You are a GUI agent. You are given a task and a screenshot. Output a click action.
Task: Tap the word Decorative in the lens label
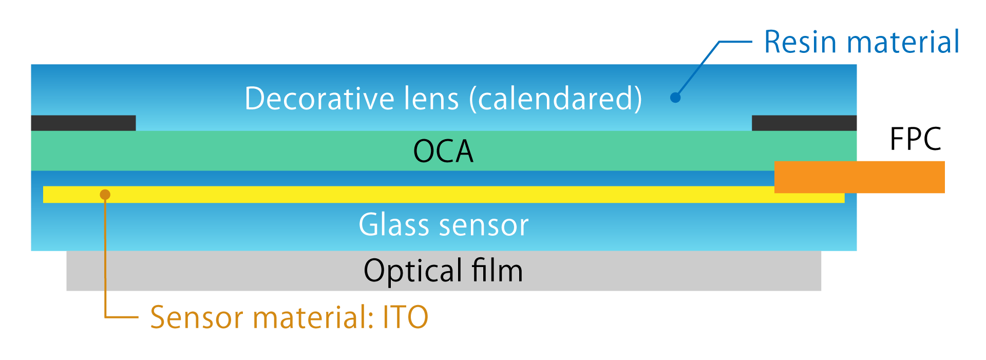pos(319,98)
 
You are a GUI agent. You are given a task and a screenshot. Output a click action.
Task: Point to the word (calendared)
pos(556,99)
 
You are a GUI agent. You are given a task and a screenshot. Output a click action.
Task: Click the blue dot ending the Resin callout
pos(675,98)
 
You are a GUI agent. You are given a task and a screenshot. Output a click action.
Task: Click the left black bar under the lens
pos(83,123)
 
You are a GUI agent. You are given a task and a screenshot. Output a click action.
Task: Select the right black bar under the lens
pos(804,123)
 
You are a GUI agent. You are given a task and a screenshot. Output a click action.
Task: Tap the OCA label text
pos(443,151)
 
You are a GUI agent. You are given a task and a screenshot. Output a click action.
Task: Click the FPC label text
pos(916,139)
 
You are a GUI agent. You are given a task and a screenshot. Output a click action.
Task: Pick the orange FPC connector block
pos(860,177)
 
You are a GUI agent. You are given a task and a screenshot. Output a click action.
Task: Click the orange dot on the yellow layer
pos(105,195)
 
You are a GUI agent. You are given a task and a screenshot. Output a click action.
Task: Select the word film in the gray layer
pos(497,270)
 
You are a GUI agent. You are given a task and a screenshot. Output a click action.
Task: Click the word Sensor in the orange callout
pos(197,317)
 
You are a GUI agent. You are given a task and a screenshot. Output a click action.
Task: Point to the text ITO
pos(406,317)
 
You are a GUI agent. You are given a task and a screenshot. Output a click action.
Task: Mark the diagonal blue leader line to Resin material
pos(697,69)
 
